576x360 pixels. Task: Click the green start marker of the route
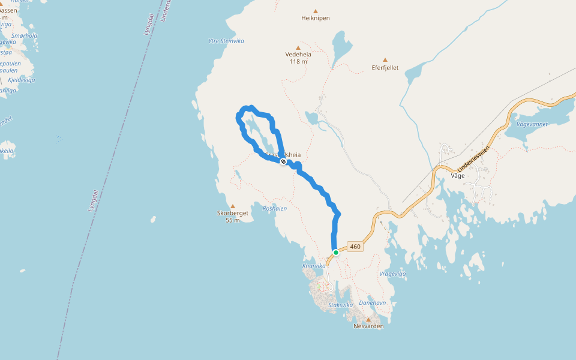336,253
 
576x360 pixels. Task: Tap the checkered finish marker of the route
283,161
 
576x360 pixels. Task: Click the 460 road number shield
355,247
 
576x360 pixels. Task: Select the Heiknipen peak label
316,18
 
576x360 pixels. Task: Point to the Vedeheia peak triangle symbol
298,47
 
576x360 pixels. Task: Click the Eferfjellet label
385,67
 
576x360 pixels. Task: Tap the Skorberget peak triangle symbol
233,206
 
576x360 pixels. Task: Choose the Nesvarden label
368,326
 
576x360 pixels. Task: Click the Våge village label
458,176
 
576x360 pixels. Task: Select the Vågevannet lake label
532,124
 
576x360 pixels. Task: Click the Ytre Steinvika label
226,41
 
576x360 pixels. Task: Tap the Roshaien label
275,209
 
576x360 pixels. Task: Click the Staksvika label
341,305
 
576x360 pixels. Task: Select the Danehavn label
372,303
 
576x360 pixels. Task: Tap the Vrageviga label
393,274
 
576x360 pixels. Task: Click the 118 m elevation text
298,61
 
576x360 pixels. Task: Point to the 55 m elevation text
233,220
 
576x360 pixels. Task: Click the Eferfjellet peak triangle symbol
385,59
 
